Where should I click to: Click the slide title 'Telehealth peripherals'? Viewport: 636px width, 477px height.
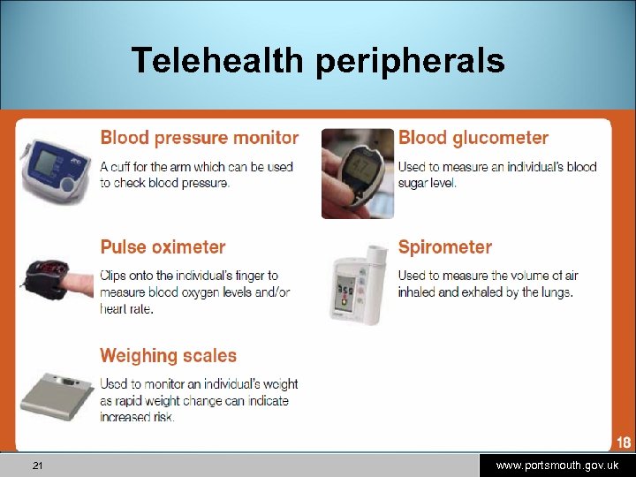point(318,61)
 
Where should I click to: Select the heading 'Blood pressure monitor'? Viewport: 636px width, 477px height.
point(199,138)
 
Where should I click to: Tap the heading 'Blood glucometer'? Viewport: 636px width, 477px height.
point(473,138)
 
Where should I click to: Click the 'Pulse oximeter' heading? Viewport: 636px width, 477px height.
point(163,247)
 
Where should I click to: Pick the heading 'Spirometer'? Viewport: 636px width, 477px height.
point(444,247)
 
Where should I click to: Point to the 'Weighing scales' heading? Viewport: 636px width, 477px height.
point(168,356)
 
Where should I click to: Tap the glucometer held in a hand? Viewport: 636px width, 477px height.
point(357,172)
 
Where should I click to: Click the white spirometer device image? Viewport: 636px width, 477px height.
point(355,283)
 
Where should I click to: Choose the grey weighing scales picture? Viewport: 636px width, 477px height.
point(55,395)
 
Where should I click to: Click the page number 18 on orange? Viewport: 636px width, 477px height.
point(623,443)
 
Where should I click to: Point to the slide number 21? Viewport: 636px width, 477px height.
point(37,466)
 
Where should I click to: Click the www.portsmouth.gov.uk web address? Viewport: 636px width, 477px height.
point(556,466)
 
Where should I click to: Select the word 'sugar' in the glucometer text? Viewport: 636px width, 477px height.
point(414,183)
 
